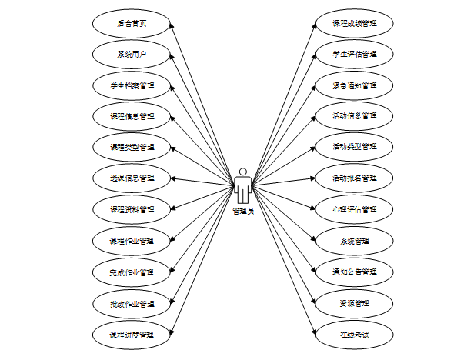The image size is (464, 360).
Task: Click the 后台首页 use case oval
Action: click(132, 23)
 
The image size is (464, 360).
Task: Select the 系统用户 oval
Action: click(132, 54)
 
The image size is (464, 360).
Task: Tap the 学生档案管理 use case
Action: click(132, 85)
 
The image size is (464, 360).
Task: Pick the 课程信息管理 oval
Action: click(132, 117)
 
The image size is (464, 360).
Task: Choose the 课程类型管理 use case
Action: click(132, 147)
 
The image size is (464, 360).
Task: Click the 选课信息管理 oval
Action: click(132, 178)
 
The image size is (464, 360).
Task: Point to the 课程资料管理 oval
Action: click(132, 209)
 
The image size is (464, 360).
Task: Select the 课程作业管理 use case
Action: click(132, 241)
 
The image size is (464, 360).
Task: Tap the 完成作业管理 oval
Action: click(132, 272)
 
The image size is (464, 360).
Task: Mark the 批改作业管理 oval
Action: click(132, 303)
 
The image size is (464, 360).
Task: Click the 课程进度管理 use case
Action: click(132, 335)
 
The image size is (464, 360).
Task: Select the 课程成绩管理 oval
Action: click(355, 23)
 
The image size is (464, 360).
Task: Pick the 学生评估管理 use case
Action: click(355, 54)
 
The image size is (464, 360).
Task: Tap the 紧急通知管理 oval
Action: click(355, 85)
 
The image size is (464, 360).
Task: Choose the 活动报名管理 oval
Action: click(355, 178)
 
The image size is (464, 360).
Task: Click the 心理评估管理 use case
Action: click(355, 209)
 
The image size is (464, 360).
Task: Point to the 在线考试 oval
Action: click(355, 335)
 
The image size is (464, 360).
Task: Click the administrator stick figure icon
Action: click(243, 185)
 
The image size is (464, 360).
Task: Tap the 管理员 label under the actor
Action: click(243, 211)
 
